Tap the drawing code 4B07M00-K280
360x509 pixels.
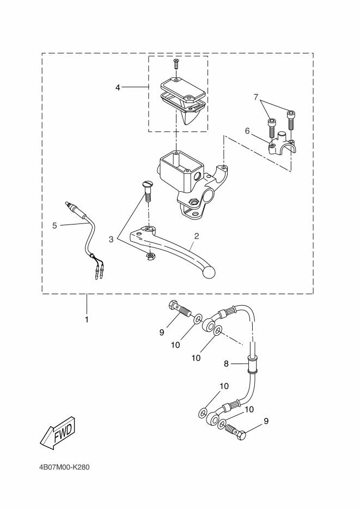tap(64, 468)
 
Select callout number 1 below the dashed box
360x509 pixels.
tap(87, 320)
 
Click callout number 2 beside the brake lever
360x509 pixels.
tap(197, 236)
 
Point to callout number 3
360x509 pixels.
tap(111, 240)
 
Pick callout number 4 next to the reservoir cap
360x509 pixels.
tap(118, 87)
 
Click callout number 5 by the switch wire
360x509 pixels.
tap(54, 225)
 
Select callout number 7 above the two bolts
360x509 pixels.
tap(256, 97)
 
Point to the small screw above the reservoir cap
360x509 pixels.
tap(176, 63)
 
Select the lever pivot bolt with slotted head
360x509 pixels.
tap(147, 191)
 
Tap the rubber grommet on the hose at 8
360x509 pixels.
tap(253, 365)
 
